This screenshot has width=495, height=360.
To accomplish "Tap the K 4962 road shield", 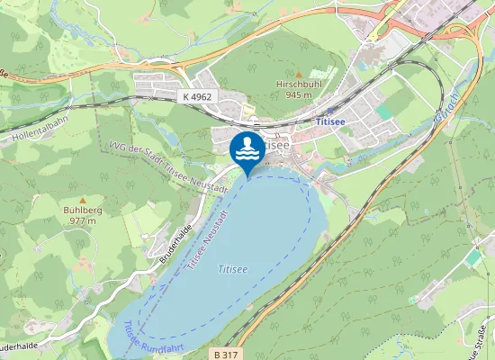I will tap(197, 95).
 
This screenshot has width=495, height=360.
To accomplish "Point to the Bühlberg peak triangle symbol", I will tap(82, 200).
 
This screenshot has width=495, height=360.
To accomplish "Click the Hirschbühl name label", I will tap(297, 84).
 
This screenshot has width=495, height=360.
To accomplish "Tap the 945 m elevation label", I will tap(297, 94).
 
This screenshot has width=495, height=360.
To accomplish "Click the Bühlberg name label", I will tap(82, 210).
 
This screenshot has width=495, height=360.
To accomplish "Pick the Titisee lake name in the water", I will tap(233, 268).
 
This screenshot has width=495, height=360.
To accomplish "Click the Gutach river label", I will tap(445, 107).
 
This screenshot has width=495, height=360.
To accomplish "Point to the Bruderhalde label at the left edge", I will tap(15, 346).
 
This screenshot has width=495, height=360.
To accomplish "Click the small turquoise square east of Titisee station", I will tap(385, 111).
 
